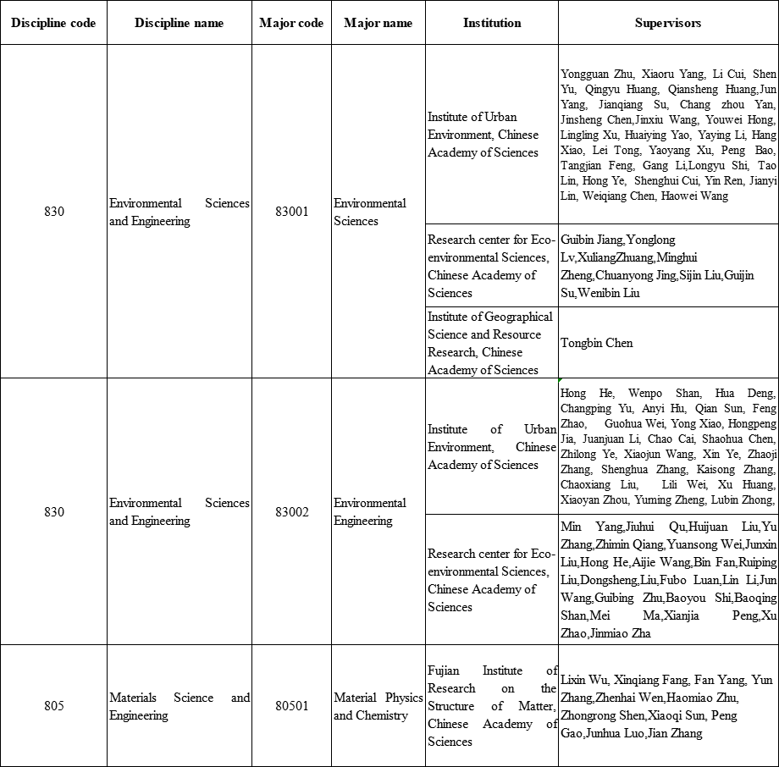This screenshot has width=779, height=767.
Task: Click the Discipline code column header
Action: pos(53,23)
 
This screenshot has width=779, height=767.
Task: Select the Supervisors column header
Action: pos(667,23)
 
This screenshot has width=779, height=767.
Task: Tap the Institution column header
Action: pos(491,23)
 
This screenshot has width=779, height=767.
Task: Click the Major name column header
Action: pos(378,23)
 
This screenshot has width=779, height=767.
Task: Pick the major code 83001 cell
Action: pos(291,212)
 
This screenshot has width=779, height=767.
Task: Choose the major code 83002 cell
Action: pos(291,512)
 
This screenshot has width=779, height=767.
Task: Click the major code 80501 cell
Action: pos(291,706)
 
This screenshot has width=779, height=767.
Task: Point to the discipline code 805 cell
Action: pos(53,706)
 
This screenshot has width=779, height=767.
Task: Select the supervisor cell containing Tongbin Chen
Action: pos(596,343)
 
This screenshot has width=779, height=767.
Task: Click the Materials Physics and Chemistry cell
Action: pos(378,706)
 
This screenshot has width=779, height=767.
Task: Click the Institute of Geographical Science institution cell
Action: pos(490,343)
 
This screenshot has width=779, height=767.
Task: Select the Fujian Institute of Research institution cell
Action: pos(492,706)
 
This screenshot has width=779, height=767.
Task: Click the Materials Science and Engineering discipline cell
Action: pos(179,706)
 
